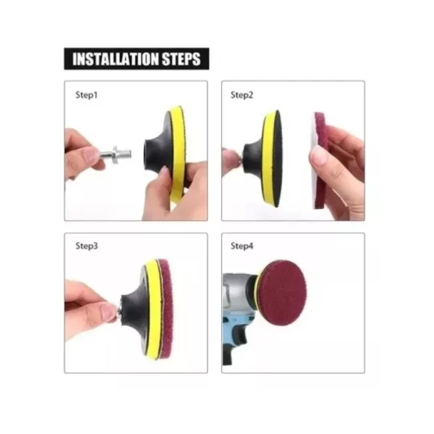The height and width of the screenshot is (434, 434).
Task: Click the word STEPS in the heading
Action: (x=181, y=59)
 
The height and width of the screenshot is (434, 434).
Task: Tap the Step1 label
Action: (x=86, y=95)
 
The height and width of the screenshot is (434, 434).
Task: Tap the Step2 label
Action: (x=242, y=95)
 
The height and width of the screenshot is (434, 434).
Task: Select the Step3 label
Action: (x=86, y=246)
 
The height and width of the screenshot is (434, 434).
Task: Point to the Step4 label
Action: (x=242, y=246)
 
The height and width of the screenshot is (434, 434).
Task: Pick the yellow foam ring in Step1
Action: (x=178, y=152)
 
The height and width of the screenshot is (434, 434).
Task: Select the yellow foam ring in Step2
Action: (x=268, y=158)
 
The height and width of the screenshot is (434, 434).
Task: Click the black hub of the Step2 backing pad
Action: (x=253, y=158)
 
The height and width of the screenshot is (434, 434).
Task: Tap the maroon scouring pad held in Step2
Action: (x=321, y=161)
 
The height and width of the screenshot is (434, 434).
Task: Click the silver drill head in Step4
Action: (x=238, y=293)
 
